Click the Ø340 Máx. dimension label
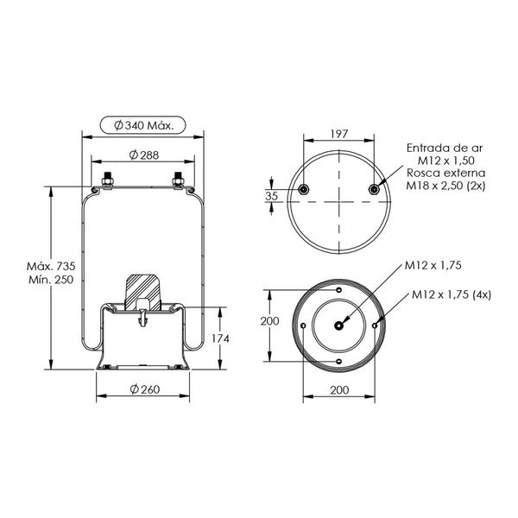point(143,125)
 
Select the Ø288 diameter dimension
point(143,155)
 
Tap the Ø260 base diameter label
point(145,389)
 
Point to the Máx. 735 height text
point(51,266)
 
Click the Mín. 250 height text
point(51,280)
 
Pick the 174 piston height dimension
point(220,338)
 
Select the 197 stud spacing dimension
point(339,134)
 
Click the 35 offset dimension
point(272,196)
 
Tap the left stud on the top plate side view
point(107,180)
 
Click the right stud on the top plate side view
point(179,180)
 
